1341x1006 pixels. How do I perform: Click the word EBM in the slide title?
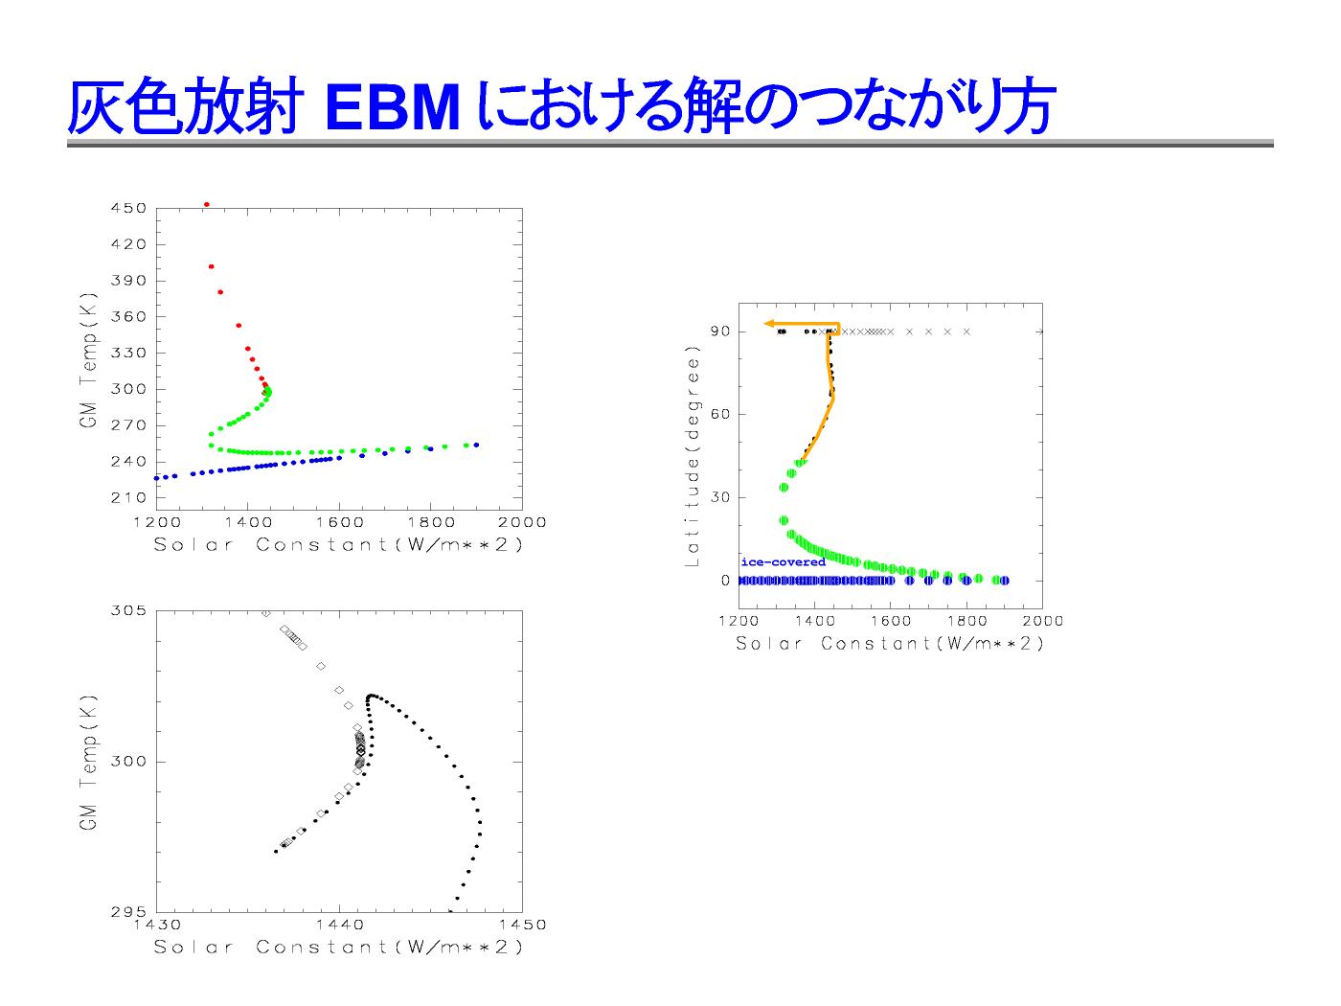[392, 108]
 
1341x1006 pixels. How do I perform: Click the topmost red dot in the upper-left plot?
[207, 205]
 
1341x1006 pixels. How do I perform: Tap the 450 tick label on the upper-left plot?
[129, 208]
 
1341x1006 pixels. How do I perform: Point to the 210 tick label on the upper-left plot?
[129, 498]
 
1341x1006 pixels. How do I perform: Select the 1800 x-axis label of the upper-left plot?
[431, 523]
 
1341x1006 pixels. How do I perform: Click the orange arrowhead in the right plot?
[770, 325]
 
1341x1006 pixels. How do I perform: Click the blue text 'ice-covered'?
[784, 562]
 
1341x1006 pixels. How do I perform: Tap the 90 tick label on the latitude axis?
[721, 332]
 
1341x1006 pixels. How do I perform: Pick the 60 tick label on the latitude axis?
[721, 414]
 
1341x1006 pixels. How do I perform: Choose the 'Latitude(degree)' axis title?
[693, 456]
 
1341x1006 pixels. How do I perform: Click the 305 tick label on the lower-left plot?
[129, 611]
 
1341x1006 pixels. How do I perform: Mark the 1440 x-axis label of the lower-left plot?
[340, 925]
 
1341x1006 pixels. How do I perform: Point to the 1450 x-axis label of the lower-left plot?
[522, 925]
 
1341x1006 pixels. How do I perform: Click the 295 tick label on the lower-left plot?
[129, 911]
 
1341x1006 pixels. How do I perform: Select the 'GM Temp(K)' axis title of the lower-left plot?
[88, 763]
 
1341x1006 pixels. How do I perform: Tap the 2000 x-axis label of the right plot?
[1043, 621]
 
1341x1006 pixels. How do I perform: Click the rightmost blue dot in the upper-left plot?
[476, 445]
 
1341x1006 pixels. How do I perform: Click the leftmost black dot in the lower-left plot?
[276, 852]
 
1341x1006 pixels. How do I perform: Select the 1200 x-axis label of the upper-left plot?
[157, 523]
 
